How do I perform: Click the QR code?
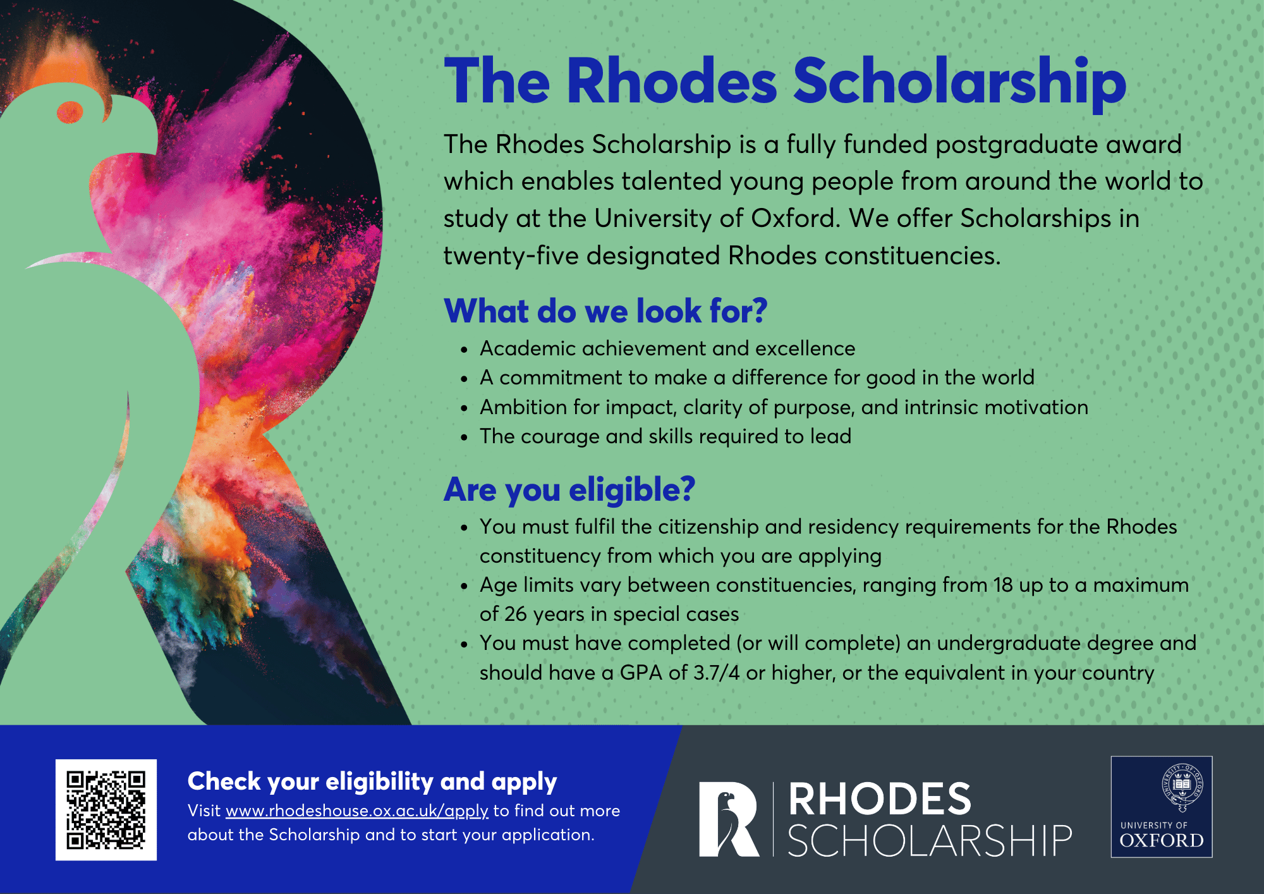(x=106, y=810)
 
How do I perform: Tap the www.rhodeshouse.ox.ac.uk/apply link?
(x=357, y=811)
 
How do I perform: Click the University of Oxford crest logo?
(x=1162, y=807)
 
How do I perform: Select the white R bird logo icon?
(x=729, y=819)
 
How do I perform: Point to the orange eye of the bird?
(x=70, y=113)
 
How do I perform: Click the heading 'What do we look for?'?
(x=605, y=311)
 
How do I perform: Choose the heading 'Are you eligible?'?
(x=569, y=490)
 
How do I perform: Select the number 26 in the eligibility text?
(x=516, y=614)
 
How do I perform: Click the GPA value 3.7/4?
(x=716, y=673)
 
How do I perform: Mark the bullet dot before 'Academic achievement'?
(x=465, y=350)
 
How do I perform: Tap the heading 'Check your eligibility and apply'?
(x=372, y=782)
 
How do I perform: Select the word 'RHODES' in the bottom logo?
(x=880, y=799)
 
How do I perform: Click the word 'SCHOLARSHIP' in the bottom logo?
(x=930, y=841)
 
